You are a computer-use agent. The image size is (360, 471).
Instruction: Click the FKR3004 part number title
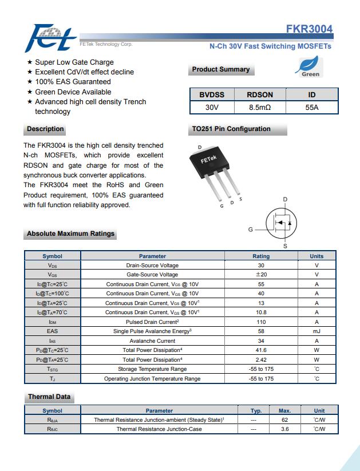pos(309,29)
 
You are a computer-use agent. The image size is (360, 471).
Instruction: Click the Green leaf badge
pos(310,67)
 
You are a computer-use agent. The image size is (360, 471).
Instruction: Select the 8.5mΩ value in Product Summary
pos(260,107)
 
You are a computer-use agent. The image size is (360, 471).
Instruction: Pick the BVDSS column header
pos(212,94)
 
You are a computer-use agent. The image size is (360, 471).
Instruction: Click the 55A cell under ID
pos(312,107)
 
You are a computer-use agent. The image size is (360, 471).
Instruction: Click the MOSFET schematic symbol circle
pos(283,223)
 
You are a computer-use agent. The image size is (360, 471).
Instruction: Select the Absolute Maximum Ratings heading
pos(70,233)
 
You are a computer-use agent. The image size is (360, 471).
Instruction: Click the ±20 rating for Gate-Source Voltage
pos(261,275)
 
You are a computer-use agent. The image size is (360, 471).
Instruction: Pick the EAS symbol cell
pos(52,331)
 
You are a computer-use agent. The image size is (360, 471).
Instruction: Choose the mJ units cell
pos(316,331)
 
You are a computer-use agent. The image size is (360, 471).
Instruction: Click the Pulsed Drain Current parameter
pos(152,322)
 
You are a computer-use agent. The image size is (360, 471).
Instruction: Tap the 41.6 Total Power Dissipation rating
pos(261,350)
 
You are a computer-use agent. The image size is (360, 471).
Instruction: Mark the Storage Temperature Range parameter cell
pos(152,369)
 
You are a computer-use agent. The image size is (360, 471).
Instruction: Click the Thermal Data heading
pos(49,397)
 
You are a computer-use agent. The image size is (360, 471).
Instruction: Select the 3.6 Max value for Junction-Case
pos(284,429)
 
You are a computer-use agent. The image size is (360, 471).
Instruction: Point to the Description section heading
pos(45,129)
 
